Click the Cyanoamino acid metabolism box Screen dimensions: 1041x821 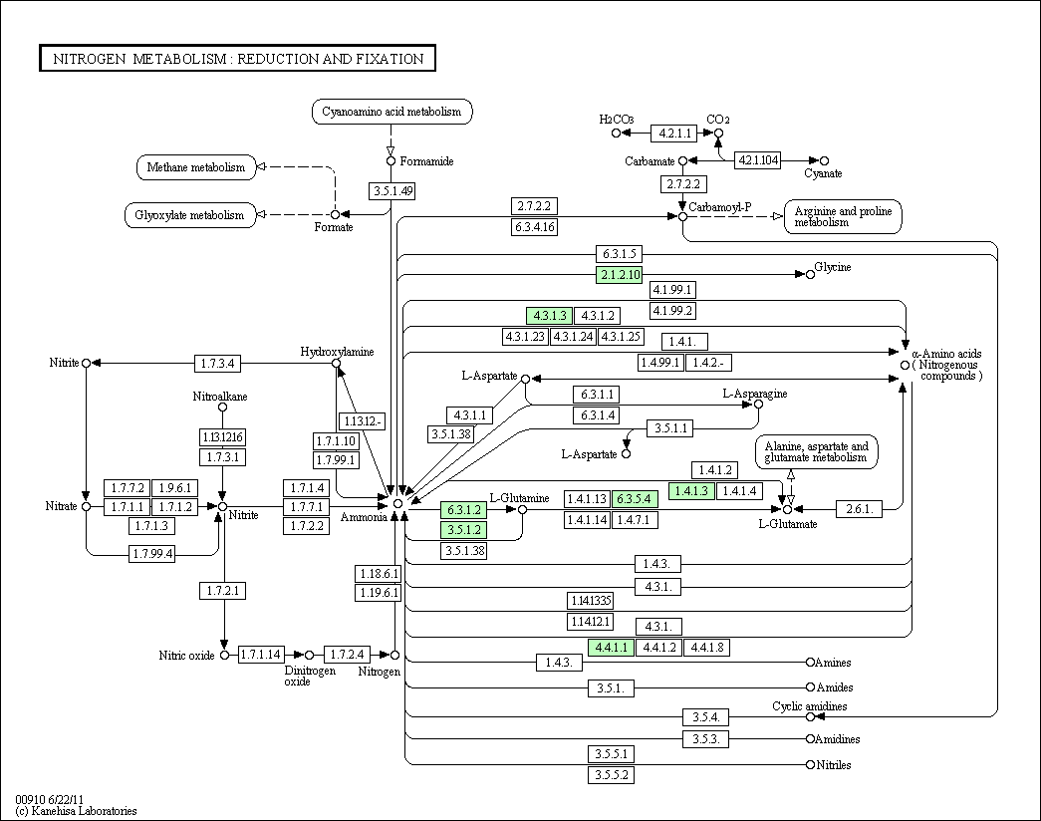391,112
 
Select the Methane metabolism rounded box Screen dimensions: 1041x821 196,167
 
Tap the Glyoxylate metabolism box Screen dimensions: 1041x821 190,215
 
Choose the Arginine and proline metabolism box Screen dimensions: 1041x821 843,216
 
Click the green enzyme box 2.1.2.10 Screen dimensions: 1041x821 620,274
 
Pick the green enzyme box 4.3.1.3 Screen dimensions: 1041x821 549,316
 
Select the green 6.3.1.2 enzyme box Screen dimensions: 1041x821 463,509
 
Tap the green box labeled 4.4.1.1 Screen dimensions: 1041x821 611,647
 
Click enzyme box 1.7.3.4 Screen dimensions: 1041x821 217,364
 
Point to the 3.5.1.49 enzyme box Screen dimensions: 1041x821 392,191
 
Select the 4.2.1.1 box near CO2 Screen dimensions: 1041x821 673,133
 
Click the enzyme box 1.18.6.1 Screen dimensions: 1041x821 379,573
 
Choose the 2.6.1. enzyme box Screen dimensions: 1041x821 859,509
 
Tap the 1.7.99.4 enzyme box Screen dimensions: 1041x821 152,553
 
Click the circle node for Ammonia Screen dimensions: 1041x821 397,504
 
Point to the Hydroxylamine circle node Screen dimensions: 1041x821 336,364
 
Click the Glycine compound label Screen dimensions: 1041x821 833,267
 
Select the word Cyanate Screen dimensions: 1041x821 823,173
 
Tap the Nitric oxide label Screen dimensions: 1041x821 186,656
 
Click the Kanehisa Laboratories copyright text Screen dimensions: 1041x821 76,811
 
